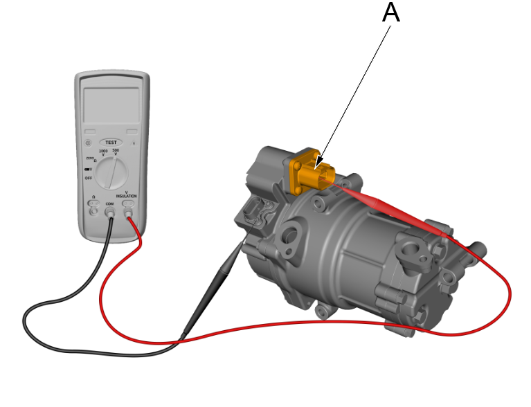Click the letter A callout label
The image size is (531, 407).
391,12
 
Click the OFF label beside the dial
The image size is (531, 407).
89,178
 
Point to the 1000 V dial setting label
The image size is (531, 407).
103,152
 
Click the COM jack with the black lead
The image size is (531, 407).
110,212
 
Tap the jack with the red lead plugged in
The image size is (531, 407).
128,212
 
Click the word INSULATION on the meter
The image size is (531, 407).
127,197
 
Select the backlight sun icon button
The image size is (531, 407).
88,143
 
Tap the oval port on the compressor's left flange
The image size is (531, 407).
291,235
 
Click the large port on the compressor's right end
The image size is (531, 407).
415,255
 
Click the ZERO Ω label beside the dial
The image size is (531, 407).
91,159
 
